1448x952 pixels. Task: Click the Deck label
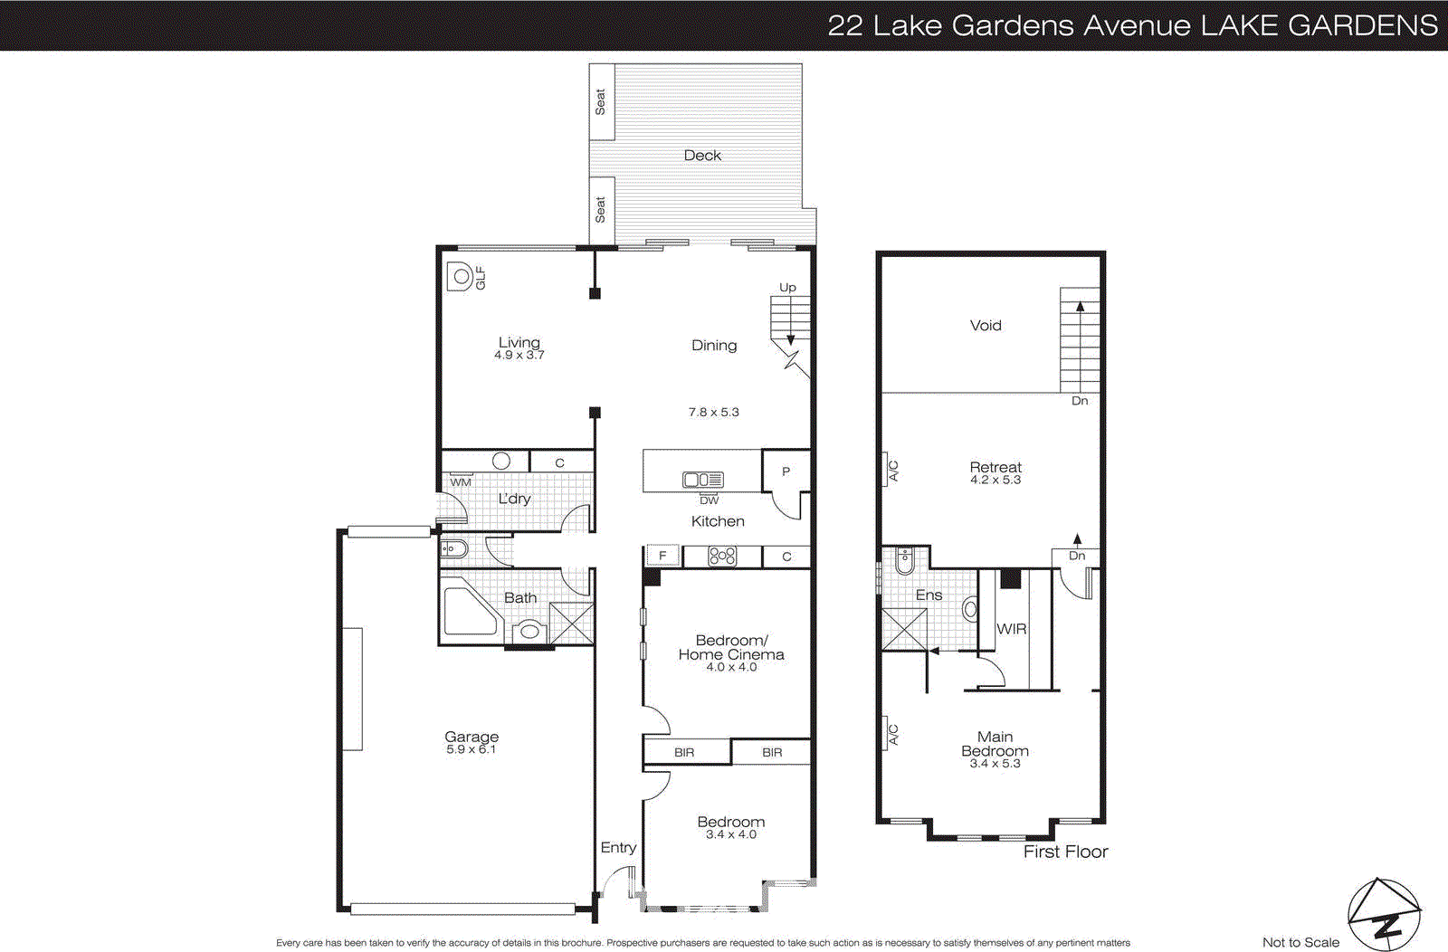pos(702,156)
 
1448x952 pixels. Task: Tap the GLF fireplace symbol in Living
pos(462,277)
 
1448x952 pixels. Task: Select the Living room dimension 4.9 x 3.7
pos(519,356)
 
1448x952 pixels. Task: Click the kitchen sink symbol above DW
pos(703,481)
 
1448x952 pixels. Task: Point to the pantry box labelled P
pos(786,471)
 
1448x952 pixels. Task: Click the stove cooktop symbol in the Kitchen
pos(722,556)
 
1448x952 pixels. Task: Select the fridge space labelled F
pos(662,556)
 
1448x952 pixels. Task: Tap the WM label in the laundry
pos(461,482)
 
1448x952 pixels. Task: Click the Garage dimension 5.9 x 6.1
pos(471,750)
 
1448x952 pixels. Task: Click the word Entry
pos(618,848)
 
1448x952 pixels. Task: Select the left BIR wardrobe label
pos(684,752)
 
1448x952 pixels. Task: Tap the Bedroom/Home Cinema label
pos(731,647)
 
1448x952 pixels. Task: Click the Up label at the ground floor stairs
pos(788,288)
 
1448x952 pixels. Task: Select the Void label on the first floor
pos(986,326)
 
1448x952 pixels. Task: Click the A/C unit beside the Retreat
pos(891,471)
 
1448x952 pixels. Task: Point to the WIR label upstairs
pos(1011,629)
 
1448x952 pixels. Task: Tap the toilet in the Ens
pos(905,562)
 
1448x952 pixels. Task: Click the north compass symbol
pos(1384,915)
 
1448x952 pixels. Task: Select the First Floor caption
pos(1065,852)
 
